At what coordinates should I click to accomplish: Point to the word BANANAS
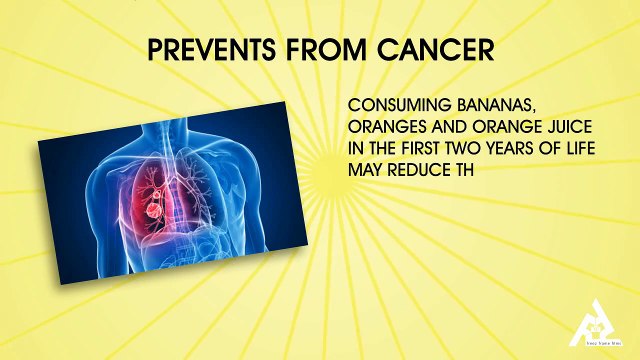[485, 106]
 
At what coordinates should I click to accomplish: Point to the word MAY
[363, 169]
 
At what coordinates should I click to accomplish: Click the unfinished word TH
[460, 169]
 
